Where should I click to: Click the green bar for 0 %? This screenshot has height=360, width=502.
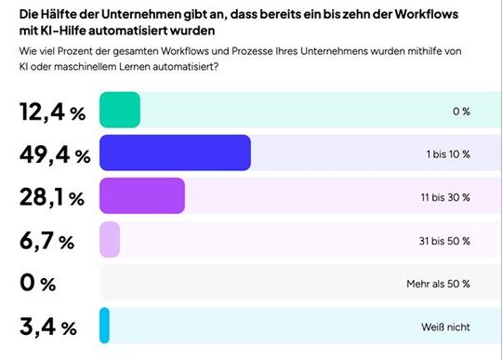coord(119,111)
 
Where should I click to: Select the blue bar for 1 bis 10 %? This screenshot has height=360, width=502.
coord(175,153)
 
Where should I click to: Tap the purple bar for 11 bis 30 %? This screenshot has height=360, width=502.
coord(141,196)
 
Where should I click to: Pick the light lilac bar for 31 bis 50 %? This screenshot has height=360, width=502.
coord(110,240)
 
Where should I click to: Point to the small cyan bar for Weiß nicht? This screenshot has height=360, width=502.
coord(104,326)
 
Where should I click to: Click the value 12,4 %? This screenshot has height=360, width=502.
coord(52,113)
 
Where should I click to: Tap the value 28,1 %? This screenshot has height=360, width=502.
coord(52,198)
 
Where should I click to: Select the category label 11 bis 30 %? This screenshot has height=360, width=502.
coord(446,197)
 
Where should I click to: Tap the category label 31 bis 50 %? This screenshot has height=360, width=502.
coord(446,240)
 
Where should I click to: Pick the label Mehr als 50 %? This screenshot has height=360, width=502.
coord(442,283)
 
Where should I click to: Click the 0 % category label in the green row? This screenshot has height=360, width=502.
coord(460,112)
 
